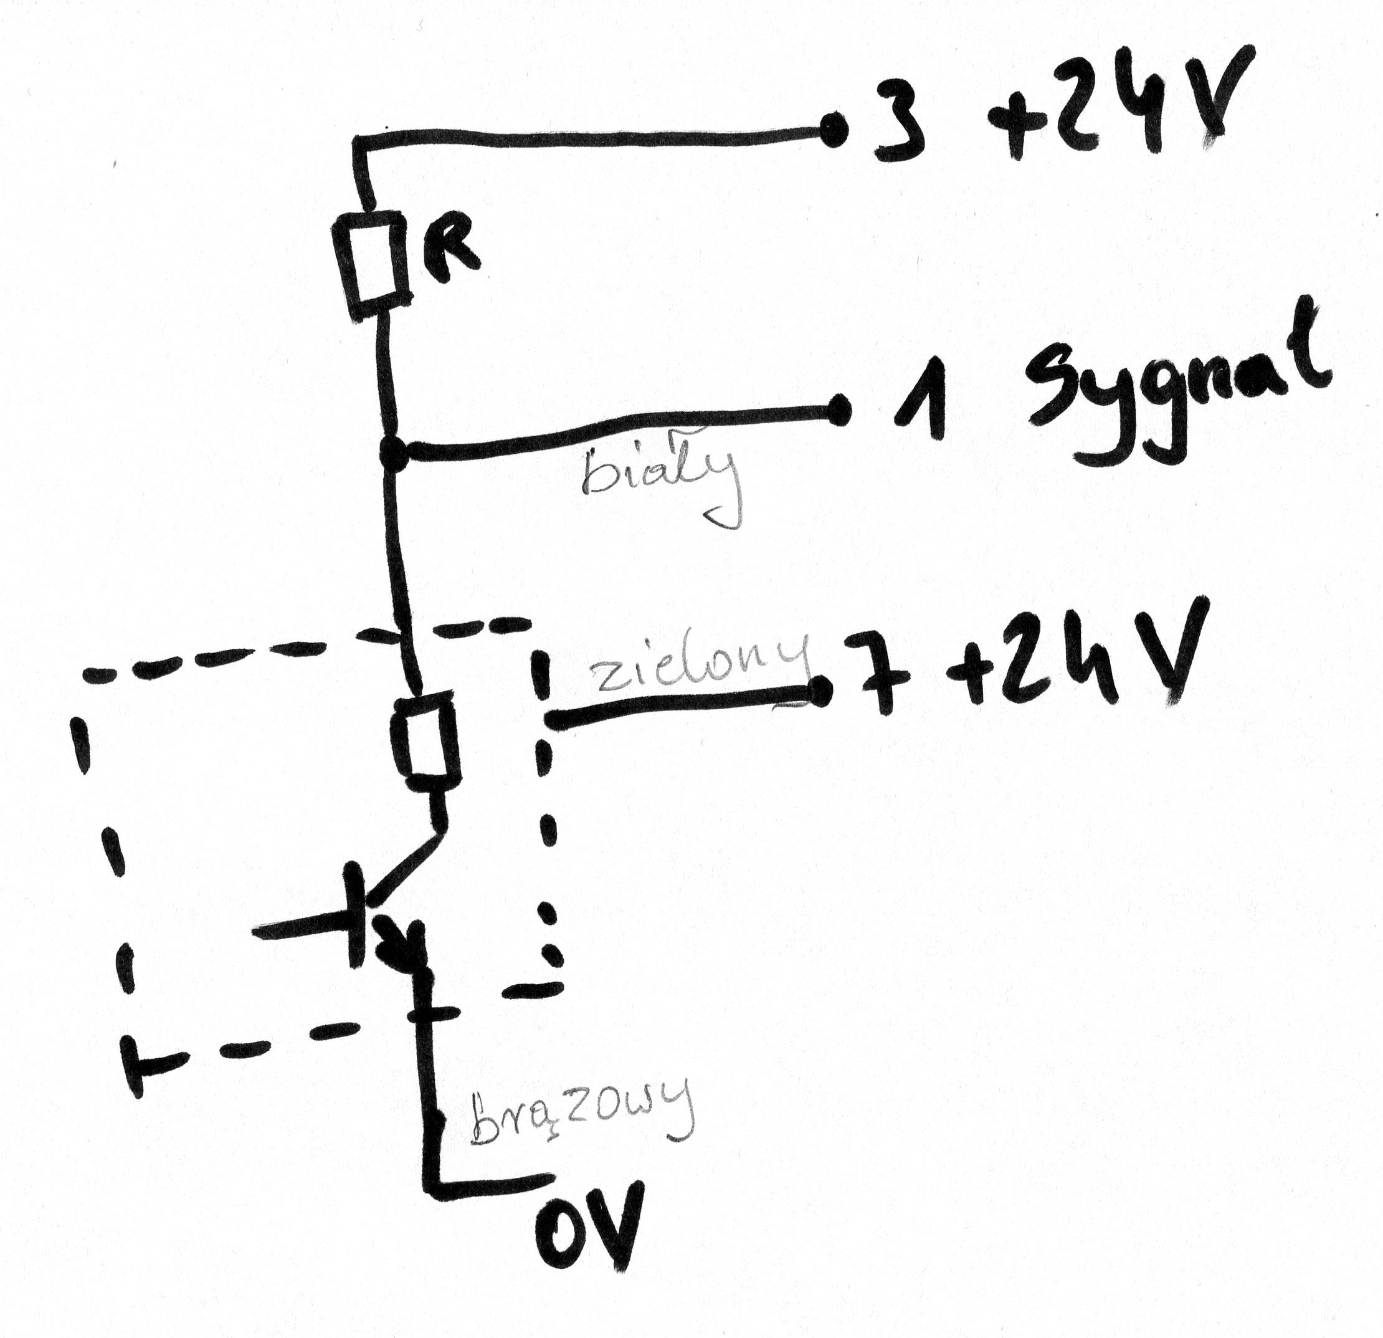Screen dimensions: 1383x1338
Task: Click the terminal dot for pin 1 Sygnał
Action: click(839, 410)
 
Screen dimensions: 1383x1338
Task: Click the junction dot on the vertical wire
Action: click(393, 453)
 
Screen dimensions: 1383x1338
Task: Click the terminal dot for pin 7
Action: click(819, 692)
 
